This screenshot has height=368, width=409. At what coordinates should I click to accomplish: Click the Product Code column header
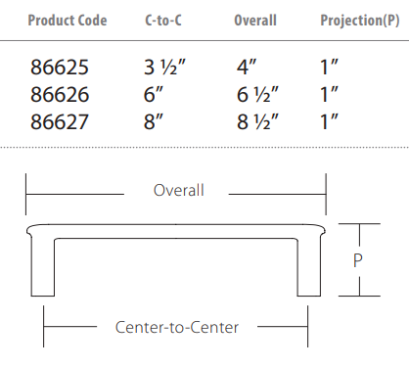point(68,21)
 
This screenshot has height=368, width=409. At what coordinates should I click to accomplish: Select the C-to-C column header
point(163,21)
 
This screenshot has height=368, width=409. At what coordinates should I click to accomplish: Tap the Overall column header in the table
point(255,21)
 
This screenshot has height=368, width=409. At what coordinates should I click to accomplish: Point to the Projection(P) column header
point(360,21)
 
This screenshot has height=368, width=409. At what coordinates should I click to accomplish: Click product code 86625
point(60,68)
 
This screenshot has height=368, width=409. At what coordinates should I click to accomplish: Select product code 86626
point(60,95)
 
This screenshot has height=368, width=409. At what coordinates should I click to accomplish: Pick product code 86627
point(60,122)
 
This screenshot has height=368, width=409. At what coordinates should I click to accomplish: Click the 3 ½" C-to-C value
point(164,68)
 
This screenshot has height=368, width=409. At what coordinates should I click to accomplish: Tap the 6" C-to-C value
point(154,95)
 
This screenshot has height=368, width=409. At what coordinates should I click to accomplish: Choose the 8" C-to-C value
point(154,122)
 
